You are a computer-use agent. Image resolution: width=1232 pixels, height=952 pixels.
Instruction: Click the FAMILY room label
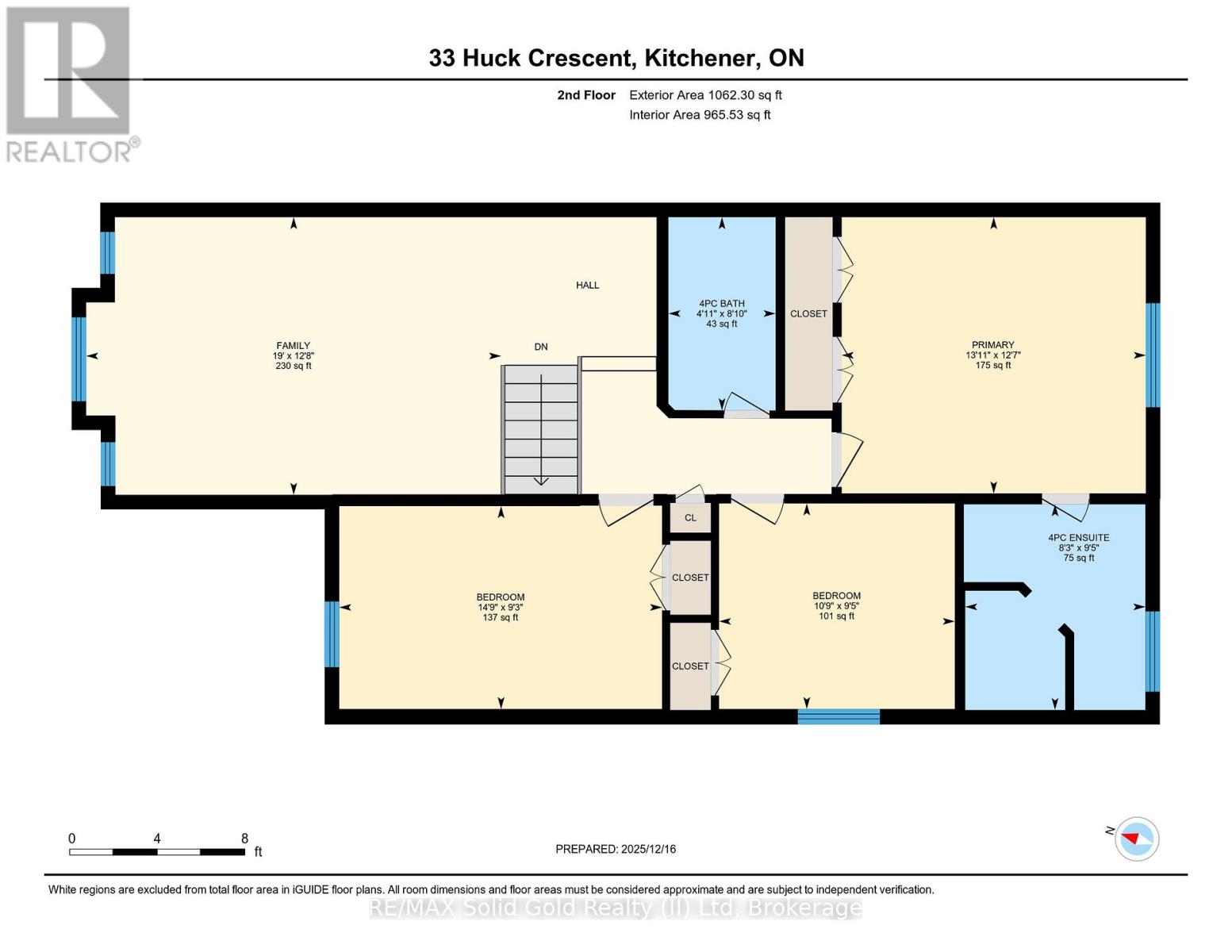point(293,345)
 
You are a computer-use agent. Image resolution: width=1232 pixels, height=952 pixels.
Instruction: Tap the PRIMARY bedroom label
point(992,345)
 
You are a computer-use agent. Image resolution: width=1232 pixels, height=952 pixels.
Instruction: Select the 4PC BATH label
point(722,303)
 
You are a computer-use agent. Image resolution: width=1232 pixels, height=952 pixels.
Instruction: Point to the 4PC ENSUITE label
point(1078,538)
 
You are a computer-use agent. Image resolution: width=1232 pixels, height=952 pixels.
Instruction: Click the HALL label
point(587,285)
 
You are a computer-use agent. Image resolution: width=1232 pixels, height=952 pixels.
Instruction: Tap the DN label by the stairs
point(541,347)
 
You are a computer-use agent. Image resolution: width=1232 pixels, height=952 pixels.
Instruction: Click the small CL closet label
point(690,518)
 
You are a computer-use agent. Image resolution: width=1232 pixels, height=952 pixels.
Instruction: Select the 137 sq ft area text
point(500,617)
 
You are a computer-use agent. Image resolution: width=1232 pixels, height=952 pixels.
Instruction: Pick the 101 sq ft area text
point(836,616)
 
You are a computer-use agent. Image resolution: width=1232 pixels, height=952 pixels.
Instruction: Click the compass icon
point(1137,839)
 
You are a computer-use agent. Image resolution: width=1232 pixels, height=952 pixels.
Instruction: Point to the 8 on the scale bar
point(244,838)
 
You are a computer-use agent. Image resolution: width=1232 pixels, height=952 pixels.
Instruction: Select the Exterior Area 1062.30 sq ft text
point(705,95)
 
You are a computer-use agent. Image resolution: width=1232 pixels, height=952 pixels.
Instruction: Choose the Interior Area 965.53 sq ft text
point(700,115)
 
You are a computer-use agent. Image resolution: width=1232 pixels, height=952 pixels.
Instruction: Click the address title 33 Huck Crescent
point(530,58)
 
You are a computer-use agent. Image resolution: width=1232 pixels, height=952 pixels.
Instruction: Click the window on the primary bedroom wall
point(1153,355)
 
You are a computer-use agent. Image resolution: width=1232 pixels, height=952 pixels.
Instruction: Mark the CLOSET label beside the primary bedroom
point(808,313)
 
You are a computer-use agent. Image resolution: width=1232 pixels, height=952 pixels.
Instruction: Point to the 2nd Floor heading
point(586,95)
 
